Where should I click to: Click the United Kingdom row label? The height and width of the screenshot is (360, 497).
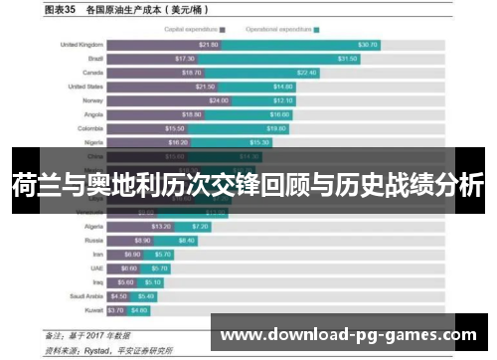[82, 45]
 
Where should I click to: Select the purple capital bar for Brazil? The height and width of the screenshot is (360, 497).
[155, 59]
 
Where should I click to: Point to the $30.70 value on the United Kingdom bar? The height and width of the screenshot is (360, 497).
[368, 45]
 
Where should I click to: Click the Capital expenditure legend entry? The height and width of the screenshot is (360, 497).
[195, 29]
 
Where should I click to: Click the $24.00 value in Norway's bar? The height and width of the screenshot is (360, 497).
[219, 100]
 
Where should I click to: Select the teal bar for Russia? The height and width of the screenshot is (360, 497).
[186, 240]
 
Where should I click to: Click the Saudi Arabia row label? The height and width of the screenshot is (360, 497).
[84, 295]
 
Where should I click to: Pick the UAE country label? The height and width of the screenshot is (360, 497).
[95, 268]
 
